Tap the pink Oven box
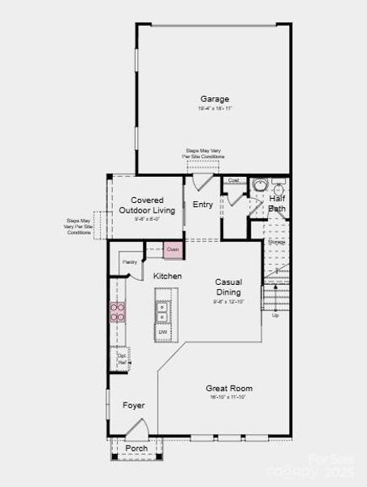pyautogui.click(x=172, y=249)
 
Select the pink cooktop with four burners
pyautogui.click(x=119, y=313)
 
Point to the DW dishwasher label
pyautogui.click(x=163, y=332)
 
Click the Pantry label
pyautogui.click(x=129, y=262)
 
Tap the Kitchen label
pyautogui.click(x=167, y=276)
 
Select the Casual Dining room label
pyautogui.click(x=228, y=287)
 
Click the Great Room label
pyautogui.click(x=229, y=388)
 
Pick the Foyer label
pyautogui.click(x=133, y=405)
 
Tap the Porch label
pyautogui.click(x=136, y=448)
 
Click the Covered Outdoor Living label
pyautogui.click(x=147, y=205)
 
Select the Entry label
pyautogui.click(x=202, y=205)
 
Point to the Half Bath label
pyautogui.click(x=277, y=203)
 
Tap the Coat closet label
pyautogui.click(x=233, y=180)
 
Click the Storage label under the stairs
pyautogui.click(x=277, y=241)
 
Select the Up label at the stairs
pyautogui.click(x=275, y=315)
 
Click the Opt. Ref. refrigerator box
pyautogui.click(x=122, y=358)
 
